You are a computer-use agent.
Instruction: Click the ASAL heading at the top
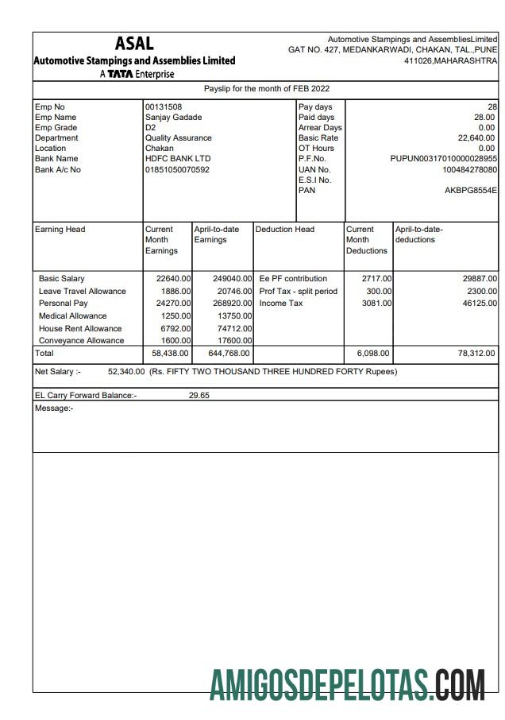[x=134, y=44]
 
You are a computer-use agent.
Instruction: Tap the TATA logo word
[x=120, y=75]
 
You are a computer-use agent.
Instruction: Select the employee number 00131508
[x=163, y=107]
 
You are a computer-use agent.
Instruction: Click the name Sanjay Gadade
[x=172, y=118]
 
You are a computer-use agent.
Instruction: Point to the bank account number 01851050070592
[x=177, y=169]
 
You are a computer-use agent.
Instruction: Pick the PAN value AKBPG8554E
[x=471, y=191]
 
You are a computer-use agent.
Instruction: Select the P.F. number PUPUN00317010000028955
[x=444, y=159]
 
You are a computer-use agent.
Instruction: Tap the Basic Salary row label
[x=62, y=279]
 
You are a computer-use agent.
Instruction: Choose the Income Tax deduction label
[x=281, y=304]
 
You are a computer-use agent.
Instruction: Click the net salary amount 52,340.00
[x=126, y=371]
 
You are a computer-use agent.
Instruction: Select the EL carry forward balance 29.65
[x=199, y=395]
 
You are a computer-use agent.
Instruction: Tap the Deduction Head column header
[x=284, y=230]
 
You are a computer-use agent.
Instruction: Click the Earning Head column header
[x=60, y=230]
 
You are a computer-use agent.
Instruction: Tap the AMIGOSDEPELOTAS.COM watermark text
[x=348, y=685]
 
